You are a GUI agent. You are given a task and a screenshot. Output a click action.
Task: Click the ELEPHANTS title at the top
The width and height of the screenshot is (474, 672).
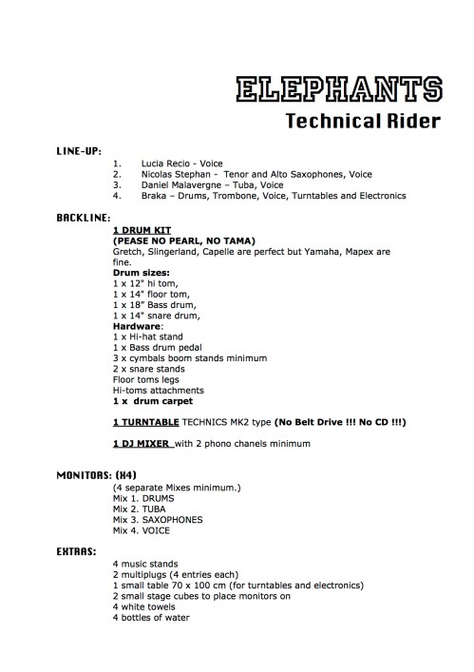[337, 90]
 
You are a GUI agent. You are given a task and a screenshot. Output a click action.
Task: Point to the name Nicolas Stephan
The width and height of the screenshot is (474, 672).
[173, 175]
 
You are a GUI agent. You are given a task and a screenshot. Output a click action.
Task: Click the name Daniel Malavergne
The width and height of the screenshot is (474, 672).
[180, 185]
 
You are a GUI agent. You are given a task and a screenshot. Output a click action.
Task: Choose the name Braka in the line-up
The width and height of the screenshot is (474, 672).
[155, 196]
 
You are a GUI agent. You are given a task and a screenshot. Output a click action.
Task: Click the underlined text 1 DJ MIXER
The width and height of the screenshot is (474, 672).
[143, 444]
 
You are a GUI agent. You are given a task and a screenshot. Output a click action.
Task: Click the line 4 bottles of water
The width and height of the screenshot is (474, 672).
[150, 617]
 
